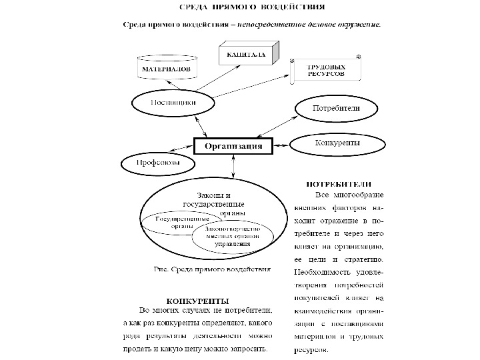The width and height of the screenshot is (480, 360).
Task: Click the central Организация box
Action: point(233,146)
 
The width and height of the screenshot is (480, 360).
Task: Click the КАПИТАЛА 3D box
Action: point(245,56)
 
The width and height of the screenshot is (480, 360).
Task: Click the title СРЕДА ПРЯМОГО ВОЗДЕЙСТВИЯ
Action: point(254,9)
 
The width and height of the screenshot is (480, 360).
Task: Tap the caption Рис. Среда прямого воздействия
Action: point(212,270)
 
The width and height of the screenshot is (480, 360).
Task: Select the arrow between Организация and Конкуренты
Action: point(282,145)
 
